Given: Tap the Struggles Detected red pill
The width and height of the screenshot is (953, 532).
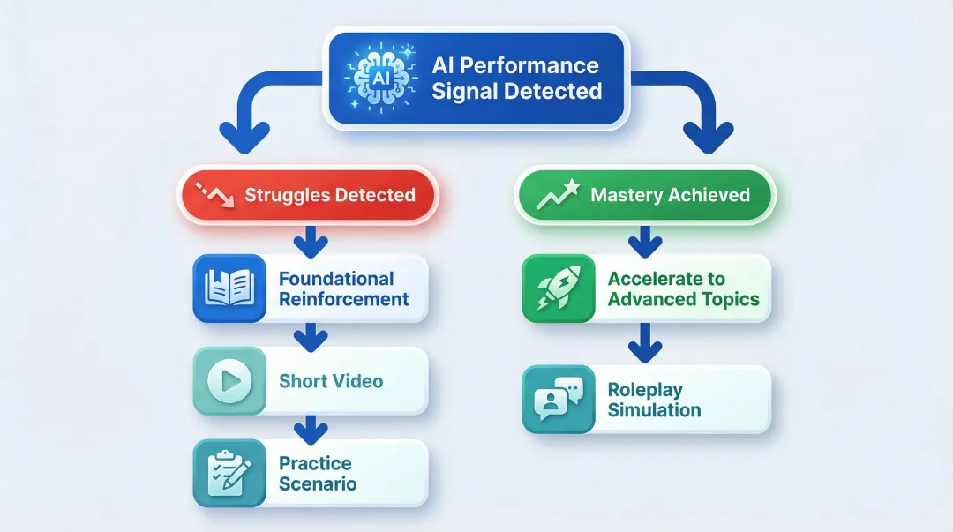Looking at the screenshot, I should coord(309,195).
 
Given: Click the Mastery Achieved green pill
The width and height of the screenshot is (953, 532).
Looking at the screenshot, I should coord(644,195).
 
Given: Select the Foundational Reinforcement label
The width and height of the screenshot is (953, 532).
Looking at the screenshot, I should coord(343,288).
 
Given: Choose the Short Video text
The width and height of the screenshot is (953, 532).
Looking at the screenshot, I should coord(331,381).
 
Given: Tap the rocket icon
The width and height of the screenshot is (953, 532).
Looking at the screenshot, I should coord(558,288).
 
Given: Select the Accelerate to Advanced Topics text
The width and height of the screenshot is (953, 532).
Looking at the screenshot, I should coord(683,288).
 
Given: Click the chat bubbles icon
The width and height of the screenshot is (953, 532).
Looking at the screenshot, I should coord(558,400).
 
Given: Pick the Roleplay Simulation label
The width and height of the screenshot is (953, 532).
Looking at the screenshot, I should coord(654,400).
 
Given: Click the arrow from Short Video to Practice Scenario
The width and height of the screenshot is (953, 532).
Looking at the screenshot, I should coord(310,427).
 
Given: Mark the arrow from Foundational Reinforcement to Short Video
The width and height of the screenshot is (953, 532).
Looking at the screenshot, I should coord(310,334).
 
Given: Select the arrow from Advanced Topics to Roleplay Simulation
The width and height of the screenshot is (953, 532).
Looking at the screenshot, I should coord(645,341).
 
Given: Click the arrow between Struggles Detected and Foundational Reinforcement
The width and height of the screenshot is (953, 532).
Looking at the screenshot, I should coord(310,240).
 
